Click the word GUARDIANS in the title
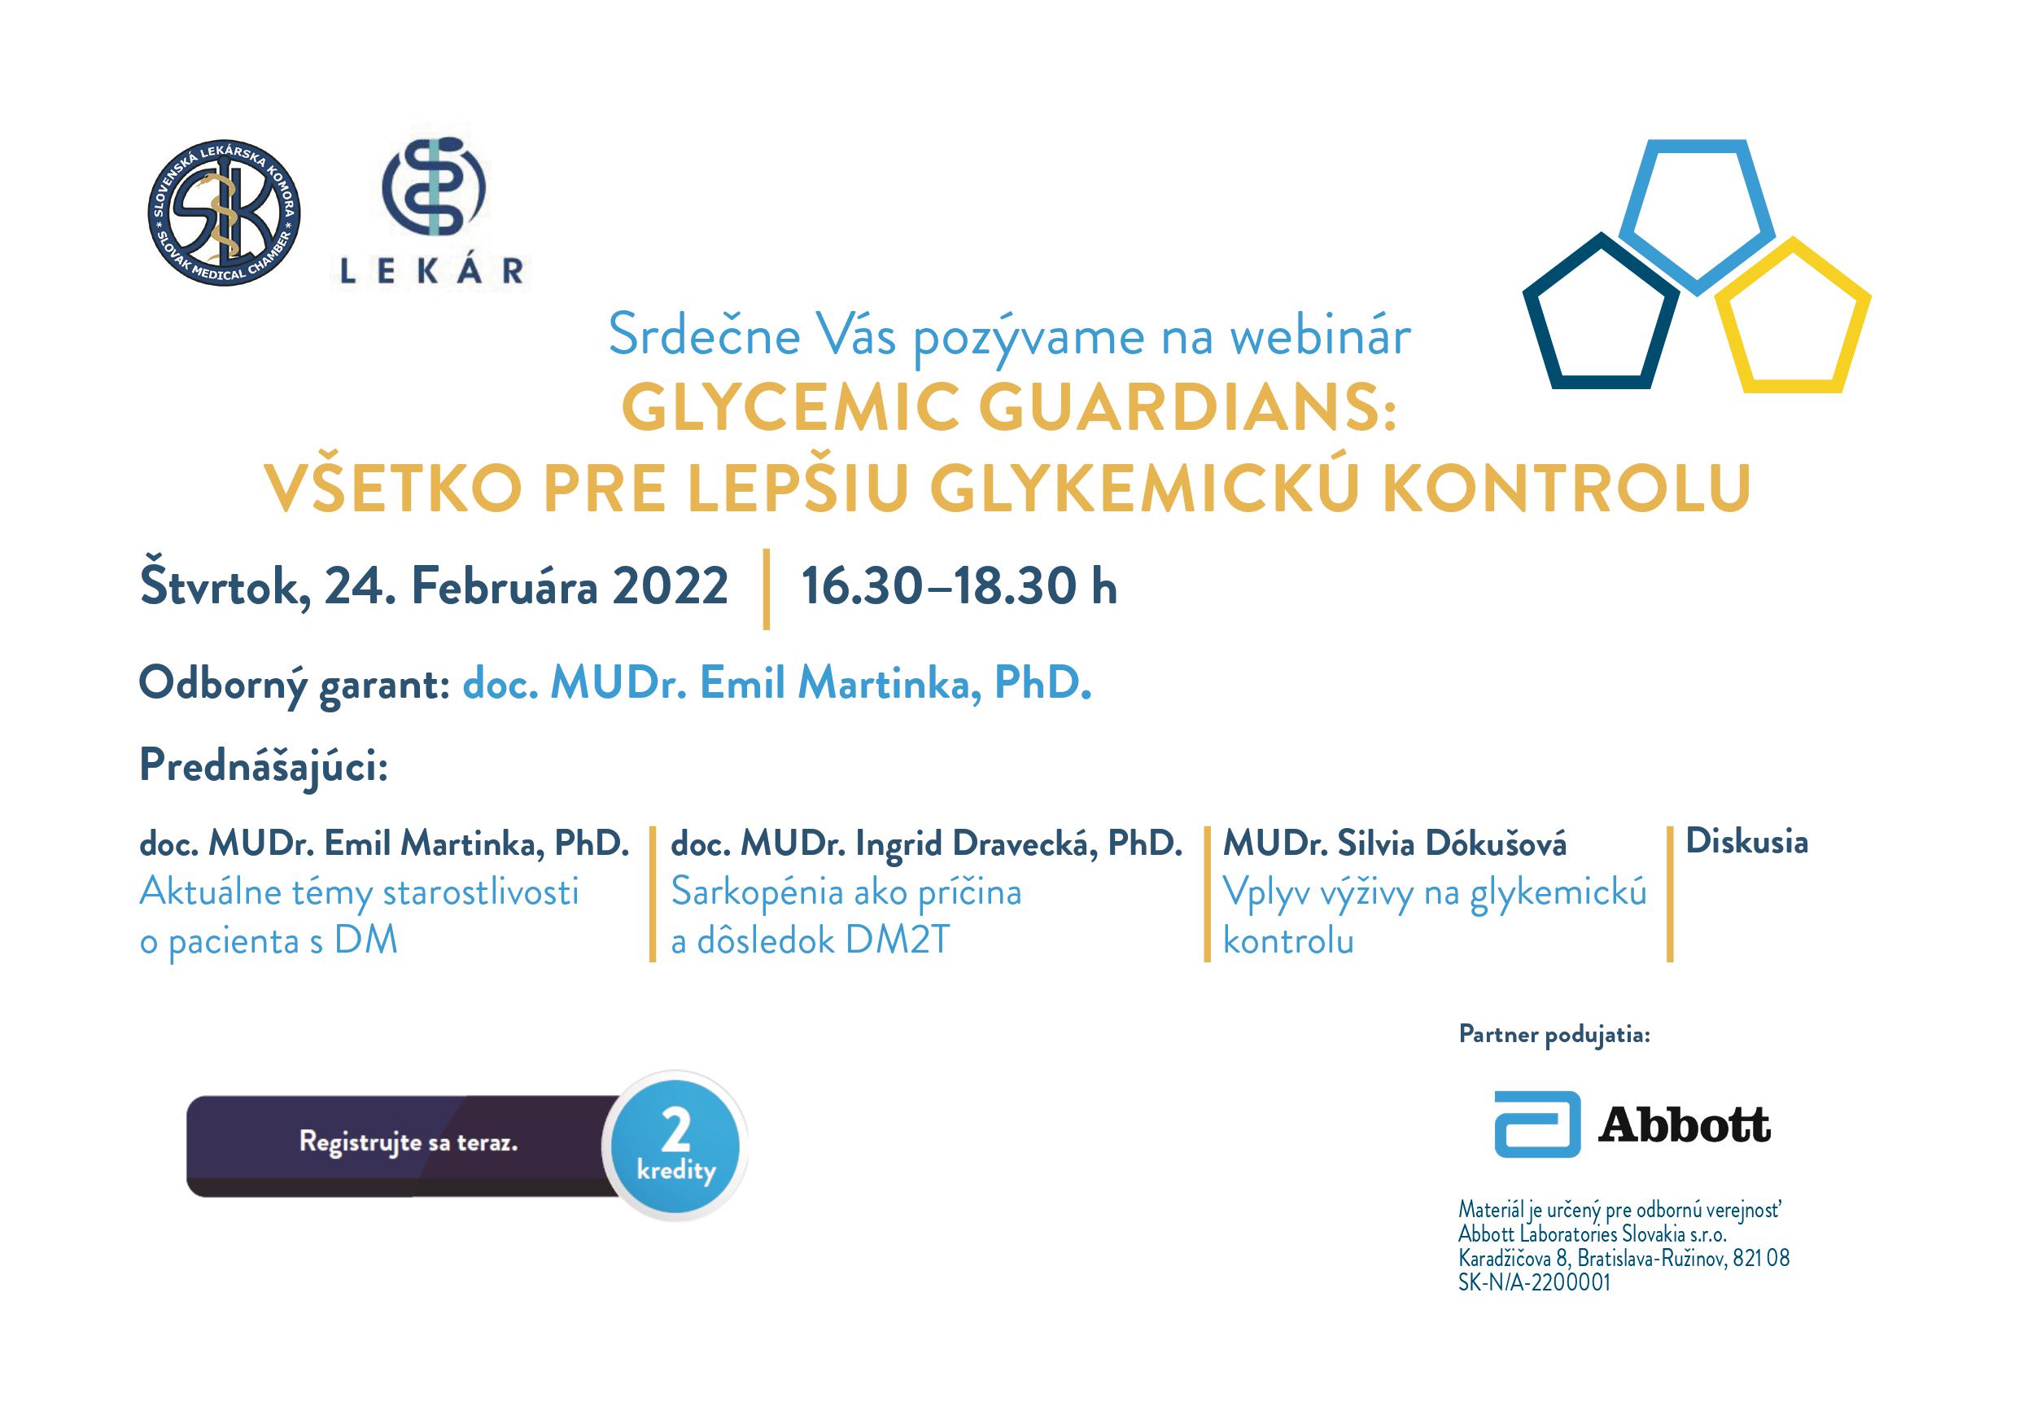coord(1186,409)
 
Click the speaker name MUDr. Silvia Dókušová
coord(1395,844)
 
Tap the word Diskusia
coord(1746,842)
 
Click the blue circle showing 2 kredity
coord(675,1146)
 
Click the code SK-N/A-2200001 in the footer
coord(1535,1282)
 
